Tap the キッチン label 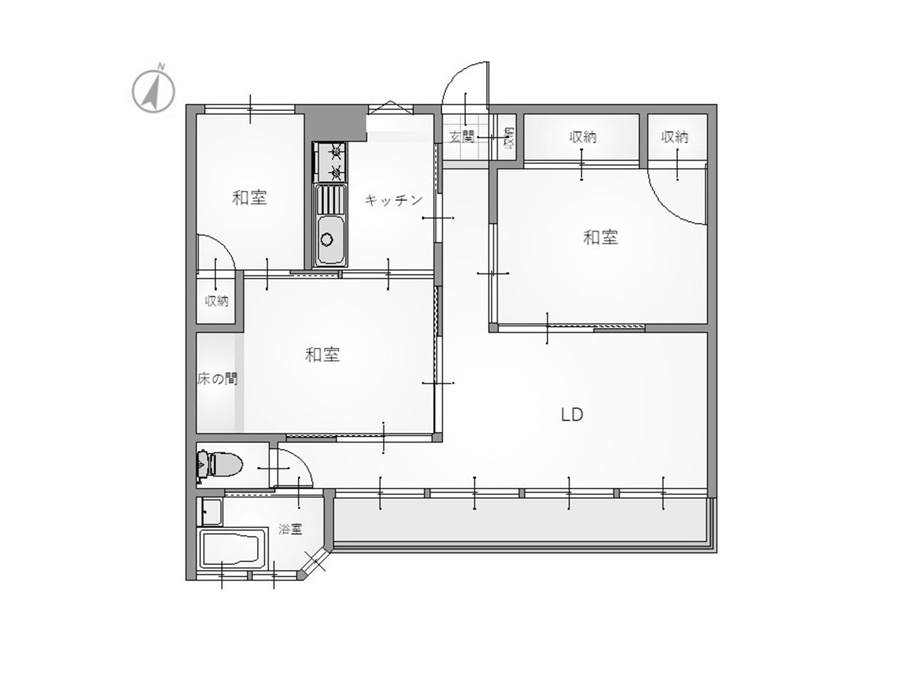(394, 200)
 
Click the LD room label (572, 415)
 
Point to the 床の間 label (217, 378)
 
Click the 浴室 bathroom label (290, 529)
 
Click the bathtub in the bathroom (233, 549)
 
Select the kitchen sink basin (331, 240)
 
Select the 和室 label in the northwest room (250, 198)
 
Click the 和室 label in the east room (601, 237)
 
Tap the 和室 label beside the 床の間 (322, 355)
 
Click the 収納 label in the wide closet (583, 137)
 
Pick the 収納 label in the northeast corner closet (675, 137)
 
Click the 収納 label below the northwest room (217, 301)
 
